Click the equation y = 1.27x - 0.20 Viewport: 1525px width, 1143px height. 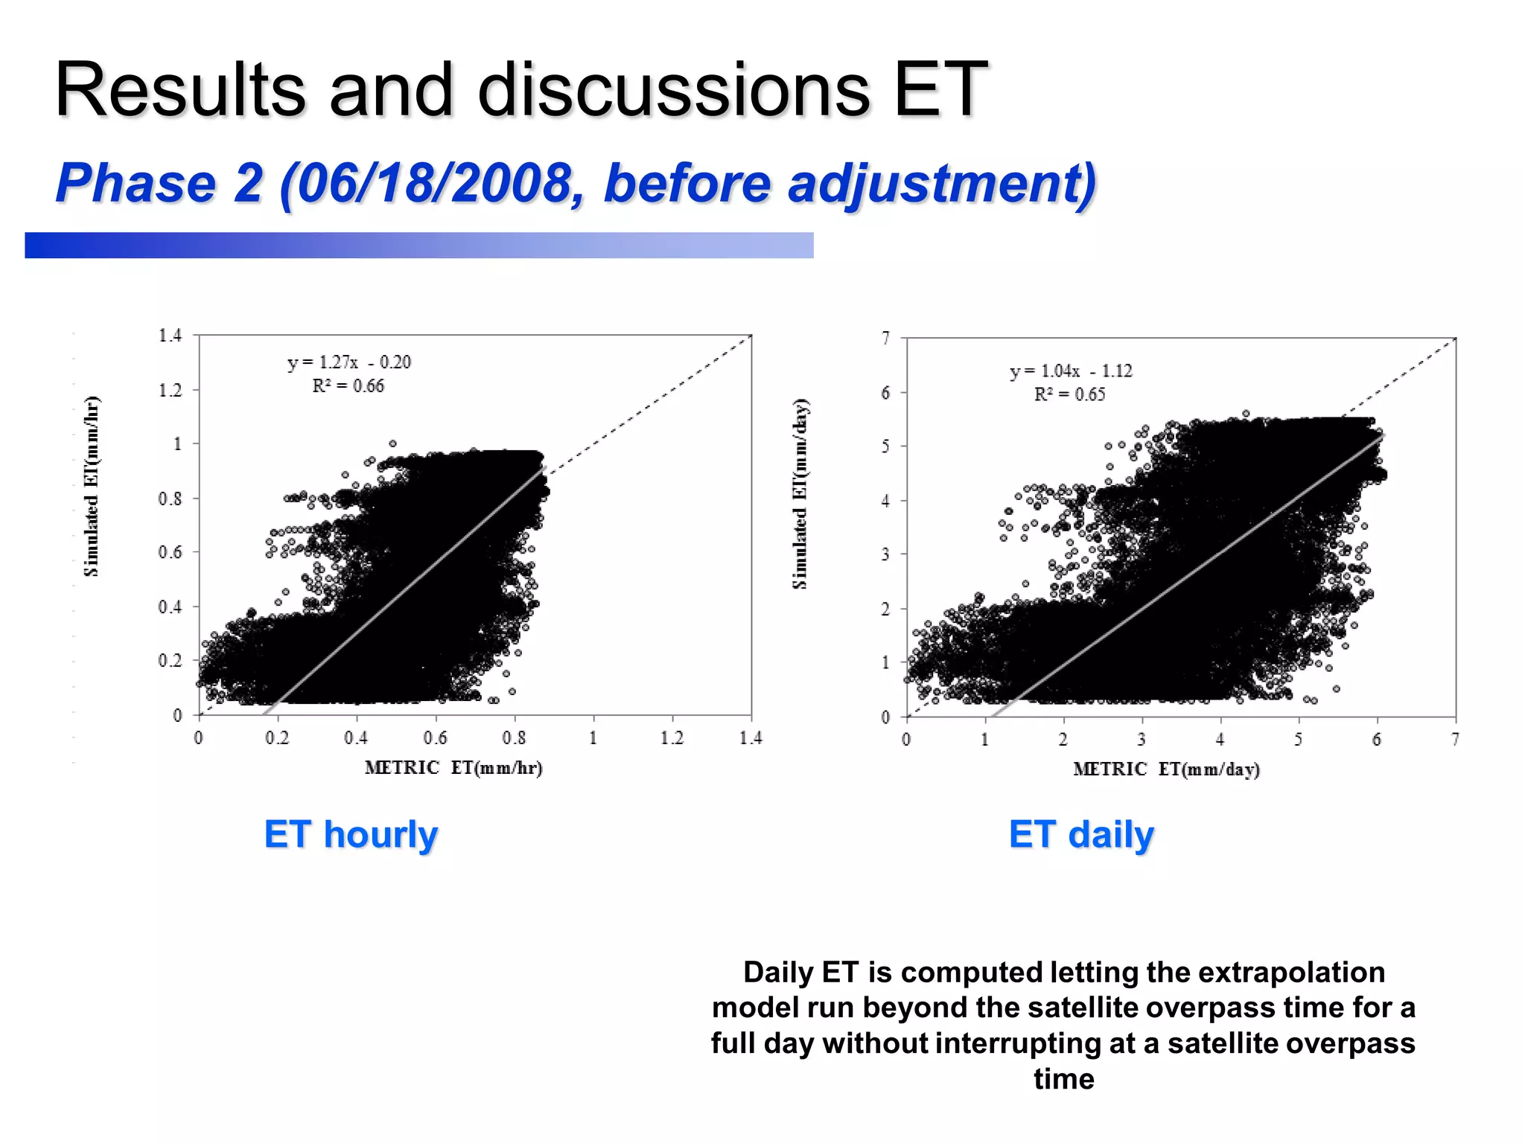click(348, 362)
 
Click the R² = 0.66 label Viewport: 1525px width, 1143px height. click(348, 386)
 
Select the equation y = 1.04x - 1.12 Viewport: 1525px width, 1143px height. click(1070, 371)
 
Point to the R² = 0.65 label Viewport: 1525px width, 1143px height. click(1069, 394)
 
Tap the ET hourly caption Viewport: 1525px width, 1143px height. click(351, 834)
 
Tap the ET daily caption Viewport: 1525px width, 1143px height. click(1081, 834)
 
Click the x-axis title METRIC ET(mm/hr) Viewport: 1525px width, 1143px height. click(453, 768)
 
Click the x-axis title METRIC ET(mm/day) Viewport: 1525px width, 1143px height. click(1166, 769)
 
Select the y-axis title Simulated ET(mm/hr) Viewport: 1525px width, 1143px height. click(92, 487)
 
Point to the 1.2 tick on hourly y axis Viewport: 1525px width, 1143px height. click(170, 390)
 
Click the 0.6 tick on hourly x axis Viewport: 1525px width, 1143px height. click(435, 738)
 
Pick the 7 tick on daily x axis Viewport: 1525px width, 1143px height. click(1455, 740)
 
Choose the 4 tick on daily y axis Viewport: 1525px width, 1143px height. click(885, 501)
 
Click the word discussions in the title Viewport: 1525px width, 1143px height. click(673, 90)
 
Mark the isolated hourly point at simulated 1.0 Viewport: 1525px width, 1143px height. click(392, 444)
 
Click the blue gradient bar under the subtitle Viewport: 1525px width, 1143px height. click(418, 246)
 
